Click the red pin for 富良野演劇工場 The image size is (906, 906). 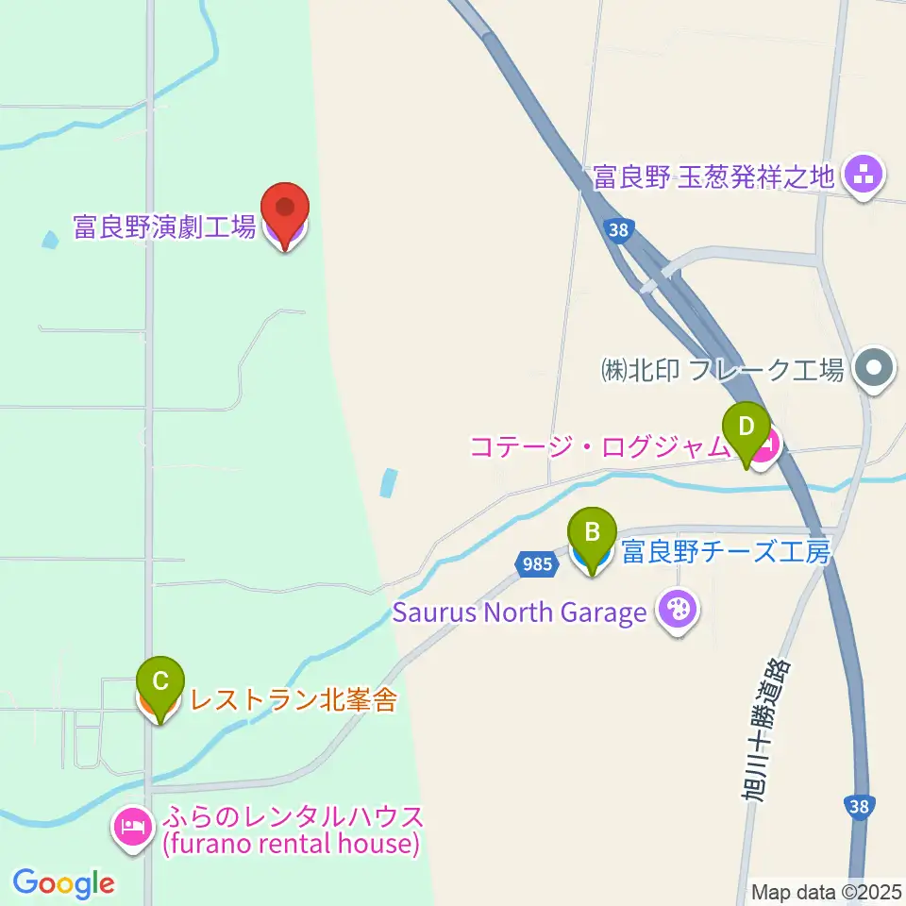pos(284,210)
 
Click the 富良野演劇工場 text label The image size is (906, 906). pos(164,227)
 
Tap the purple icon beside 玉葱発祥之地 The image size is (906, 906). pos(862,176)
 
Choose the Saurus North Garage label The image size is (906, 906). pos(519,612)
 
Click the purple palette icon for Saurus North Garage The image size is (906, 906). pos(678,612)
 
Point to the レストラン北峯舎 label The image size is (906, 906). pos(294,701)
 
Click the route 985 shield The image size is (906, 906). pos(535,563)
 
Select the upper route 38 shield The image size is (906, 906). pos(617,229)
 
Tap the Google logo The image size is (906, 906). pos(63,883)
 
